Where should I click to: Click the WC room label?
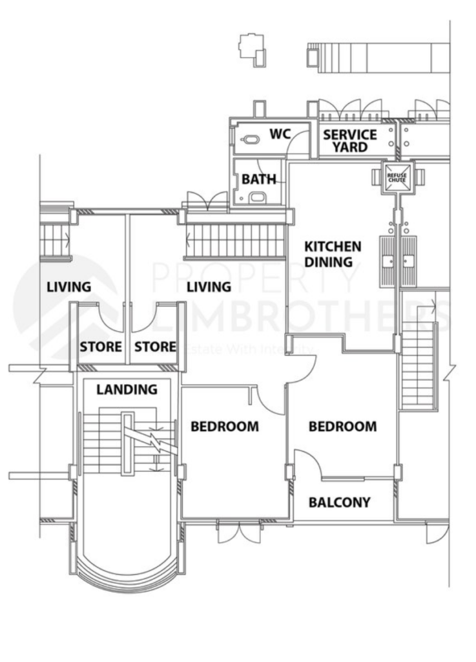point(280,134)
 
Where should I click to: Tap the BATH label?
point(258,179)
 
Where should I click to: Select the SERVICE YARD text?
point(350,141)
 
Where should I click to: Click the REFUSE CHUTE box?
point(397,176)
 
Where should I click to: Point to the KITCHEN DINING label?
point(333,254)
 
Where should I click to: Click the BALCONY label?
point(339,502)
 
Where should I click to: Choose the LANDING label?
point(127,389)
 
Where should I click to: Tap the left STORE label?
point(100,347)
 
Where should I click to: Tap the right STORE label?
point(155,347)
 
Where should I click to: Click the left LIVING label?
point(68,286)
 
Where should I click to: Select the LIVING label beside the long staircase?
point(209,286)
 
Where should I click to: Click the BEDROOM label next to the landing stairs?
point(224,427)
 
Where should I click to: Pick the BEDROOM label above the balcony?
point(342,427)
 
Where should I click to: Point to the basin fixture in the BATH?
point(256,197)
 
